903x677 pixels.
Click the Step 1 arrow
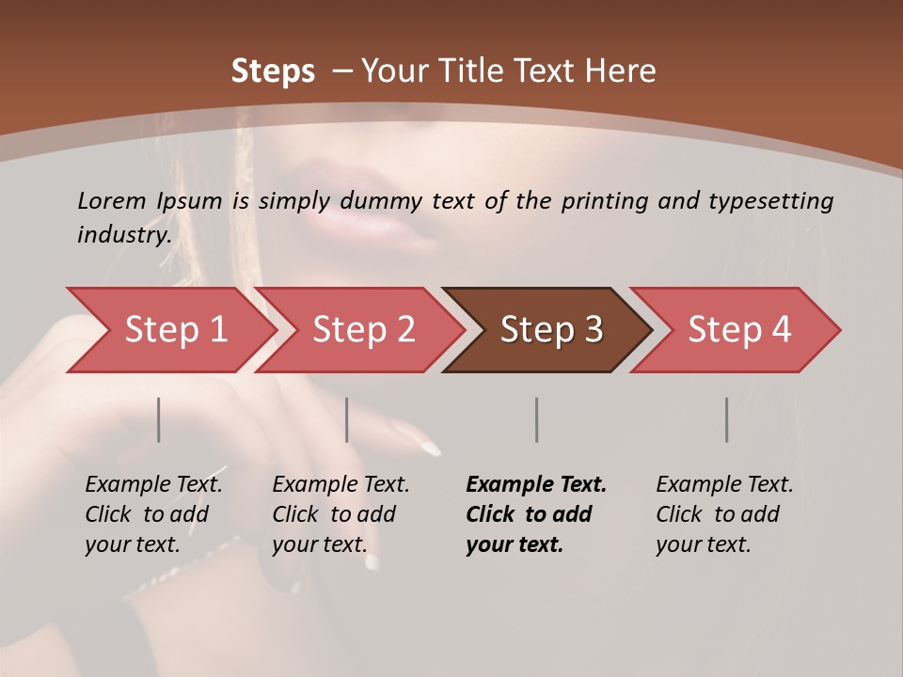click(175, 330)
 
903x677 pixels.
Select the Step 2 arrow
click(363, 330)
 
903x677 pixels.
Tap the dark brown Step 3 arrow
click(551, 330)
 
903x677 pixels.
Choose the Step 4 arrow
click(739, 330)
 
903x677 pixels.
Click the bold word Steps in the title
click(273, 71)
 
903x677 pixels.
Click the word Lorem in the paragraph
click(112, 200)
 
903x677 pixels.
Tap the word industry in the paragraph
click(123, 234)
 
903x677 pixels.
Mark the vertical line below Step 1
click(159, 419)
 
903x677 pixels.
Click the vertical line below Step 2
click(347, 419)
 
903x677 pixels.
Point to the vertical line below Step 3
click(537, 419)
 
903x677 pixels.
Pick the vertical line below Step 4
click(727, 419)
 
